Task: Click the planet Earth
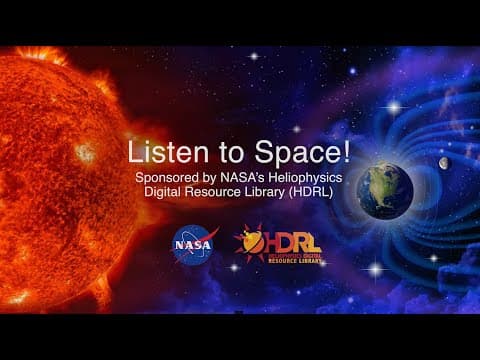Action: click(x=386, y=189)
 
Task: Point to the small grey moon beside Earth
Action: click(x=444, y=163)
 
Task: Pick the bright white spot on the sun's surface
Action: click(x=84, y=152)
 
